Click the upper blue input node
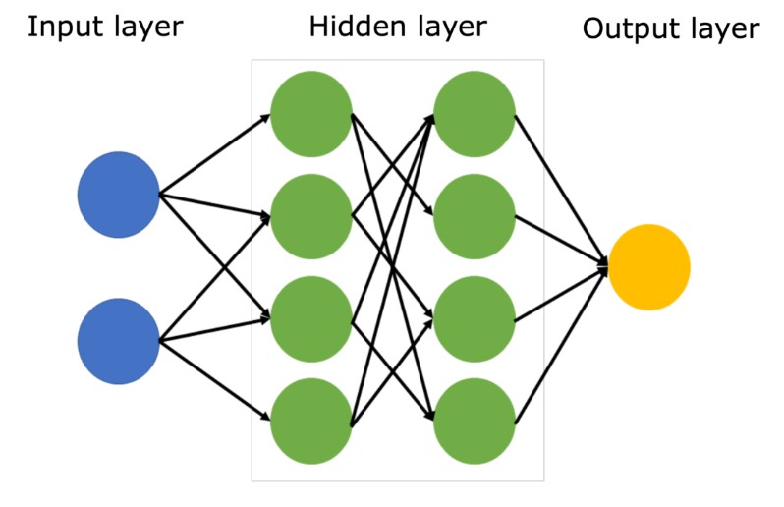(118, 195)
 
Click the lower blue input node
(118, 341)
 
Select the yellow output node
(648, 267)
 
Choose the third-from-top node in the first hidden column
(310, 318)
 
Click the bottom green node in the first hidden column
(310, 421)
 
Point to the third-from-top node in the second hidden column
(475, 318)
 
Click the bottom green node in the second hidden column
(475, 421)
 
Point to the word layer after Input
(145, 28)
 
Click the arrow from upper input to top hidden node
(215, 154)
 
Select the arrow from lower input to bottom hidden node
(215, 379)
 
